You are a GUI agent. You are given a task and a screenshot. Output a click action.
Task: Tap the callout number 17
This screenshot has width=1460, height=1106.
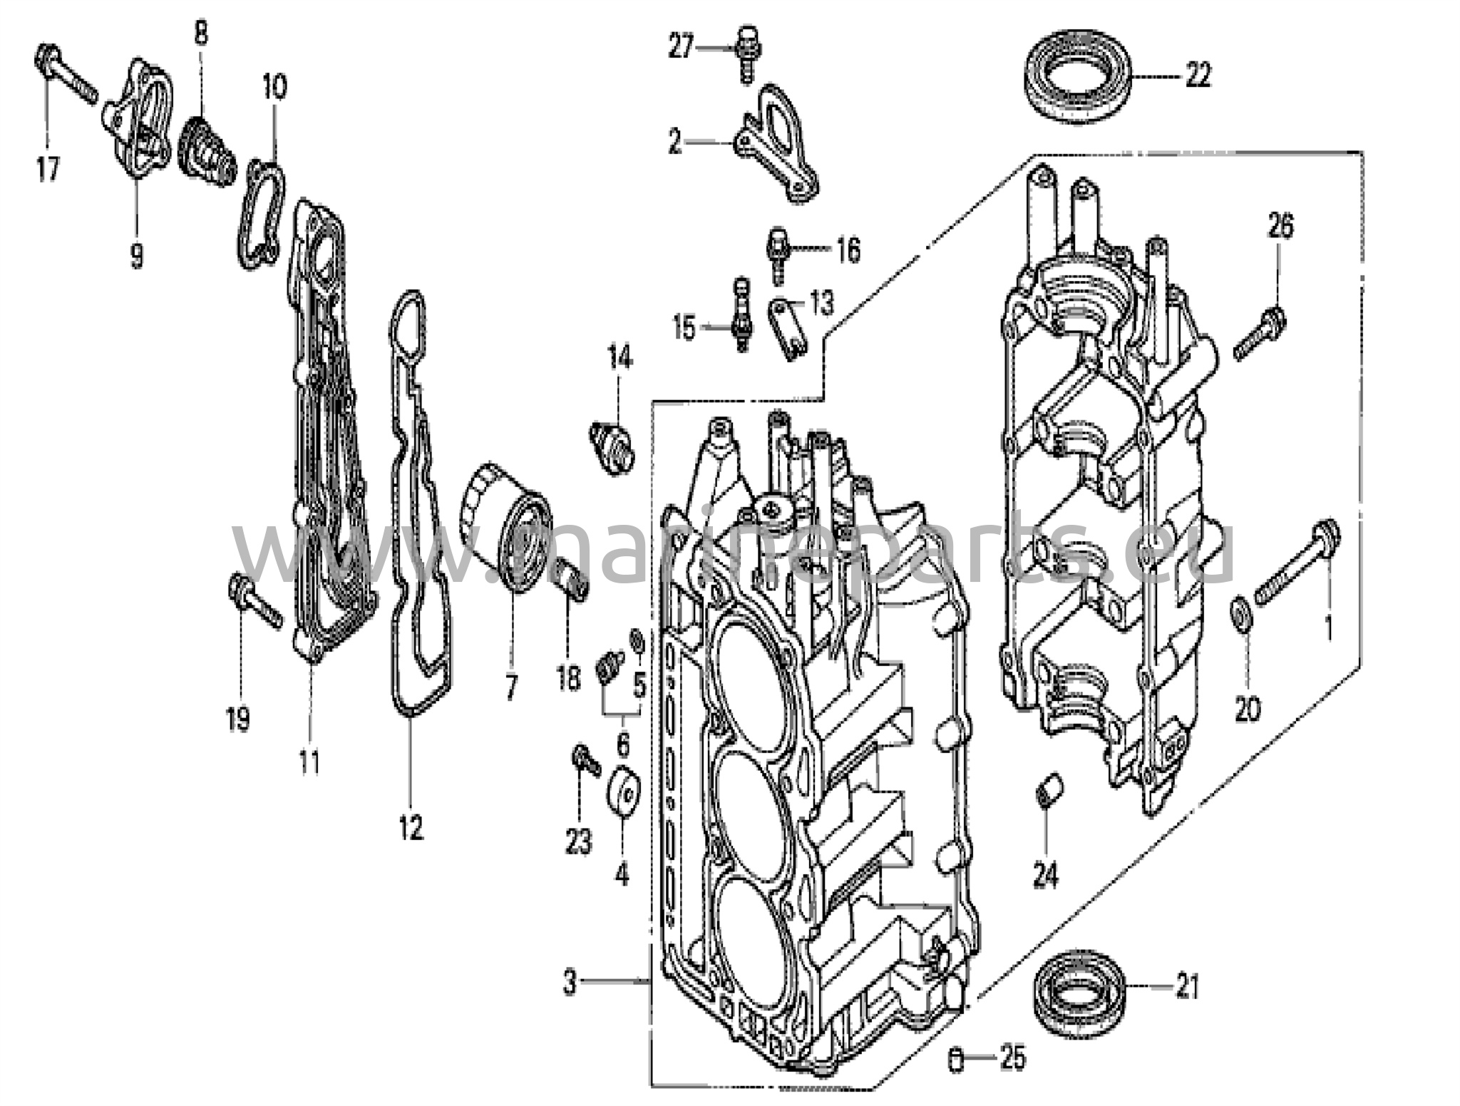pyautogui.click(x=48, y=170)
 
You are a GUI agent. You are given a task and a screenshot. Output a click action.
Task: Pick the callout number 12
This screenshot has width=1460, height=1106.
pyautogui.click(x=411, y=826)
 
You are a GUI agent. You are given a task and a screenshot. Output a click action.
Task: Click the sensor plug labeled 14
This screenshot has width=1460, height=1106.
pyautogui.click(x=612, y=446)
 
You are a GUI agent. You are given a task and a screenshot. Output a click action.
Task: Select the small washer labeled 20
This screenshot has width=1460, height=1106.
pyautogui.click(x=1240, y=615)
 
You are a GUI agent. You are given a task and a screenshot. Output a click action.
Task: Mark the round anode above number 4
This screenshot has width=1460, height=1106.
pyautogui.click(x=624, y=789)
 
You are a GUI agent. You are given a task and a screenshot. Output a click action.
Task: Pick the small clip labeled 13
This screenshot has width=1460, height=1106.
pyautogui.click(x=788, y=328)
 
